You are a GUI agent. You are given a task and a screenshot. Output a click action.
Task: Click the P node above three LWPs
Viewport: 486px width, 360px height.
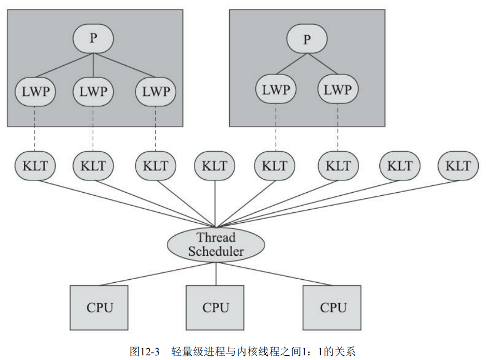point(93,39)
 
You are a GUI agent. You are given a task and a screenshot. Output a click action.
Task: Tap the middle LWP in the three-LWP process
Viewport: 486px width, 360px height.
point(93,92)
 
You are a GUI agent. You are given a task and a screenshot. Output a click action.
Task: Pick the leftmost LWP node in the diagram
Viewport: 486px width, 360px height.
point(35,92)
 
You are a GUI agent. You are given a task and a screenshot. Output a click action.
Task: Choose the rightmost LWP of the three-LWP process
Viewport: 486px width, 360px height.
point(155,92)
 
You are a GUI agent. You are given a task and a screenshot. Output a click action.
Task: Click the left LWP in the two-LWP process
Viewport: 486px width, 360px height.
point(276,89)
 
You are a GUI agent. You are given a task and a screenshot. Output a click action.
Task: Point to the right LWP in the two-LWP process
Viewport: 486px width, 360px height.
point(337,89)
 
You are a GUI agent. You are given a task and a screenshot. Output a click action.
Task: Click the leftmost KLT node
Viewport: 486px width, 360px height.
point(35,166)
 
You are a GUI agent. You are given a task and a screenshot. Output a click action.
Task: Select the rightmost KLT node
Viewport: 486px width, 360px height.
point(458,166)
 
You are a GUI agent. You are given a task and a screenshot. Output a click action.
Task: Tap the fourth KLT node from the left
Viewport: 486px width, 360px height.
point(215,166)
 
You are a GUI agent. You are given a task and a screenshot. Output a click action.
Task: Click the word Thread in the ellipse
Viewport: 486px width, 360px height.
point(216,238)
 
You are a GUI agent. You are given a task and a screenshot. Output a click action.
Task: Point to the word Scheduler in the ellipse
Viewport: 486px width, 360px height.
point(216,252)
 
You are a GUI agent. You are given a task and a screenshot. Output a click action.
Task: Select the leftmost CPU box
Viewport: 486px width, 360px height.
point(99,308)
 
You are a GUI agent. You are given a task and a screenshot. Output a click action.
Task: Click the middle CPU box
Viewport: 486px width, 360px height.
point(216,308)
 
